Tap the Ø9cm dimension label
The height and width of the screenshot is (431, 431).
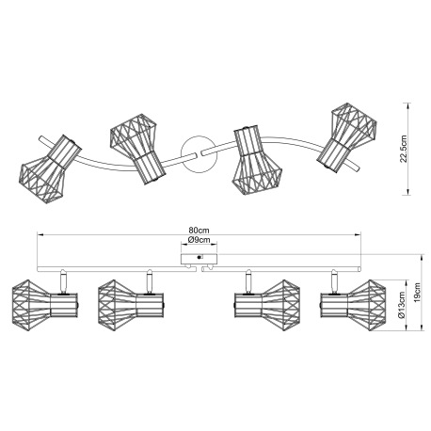(199, 240)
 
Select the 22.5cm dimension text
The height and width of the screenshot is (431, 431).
(404, 149)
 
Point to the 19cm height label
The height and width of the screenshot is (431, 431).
(417, 293)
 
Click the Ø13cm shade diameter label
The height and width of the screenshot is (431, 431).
(402, 306)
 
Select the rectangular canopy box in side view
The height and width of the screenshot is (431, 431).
(199, 259)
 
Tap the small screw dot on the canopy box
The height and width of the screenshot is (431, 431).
(199, 258)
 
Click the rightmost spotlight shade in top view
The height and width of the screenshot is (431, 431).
(346, 137)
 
